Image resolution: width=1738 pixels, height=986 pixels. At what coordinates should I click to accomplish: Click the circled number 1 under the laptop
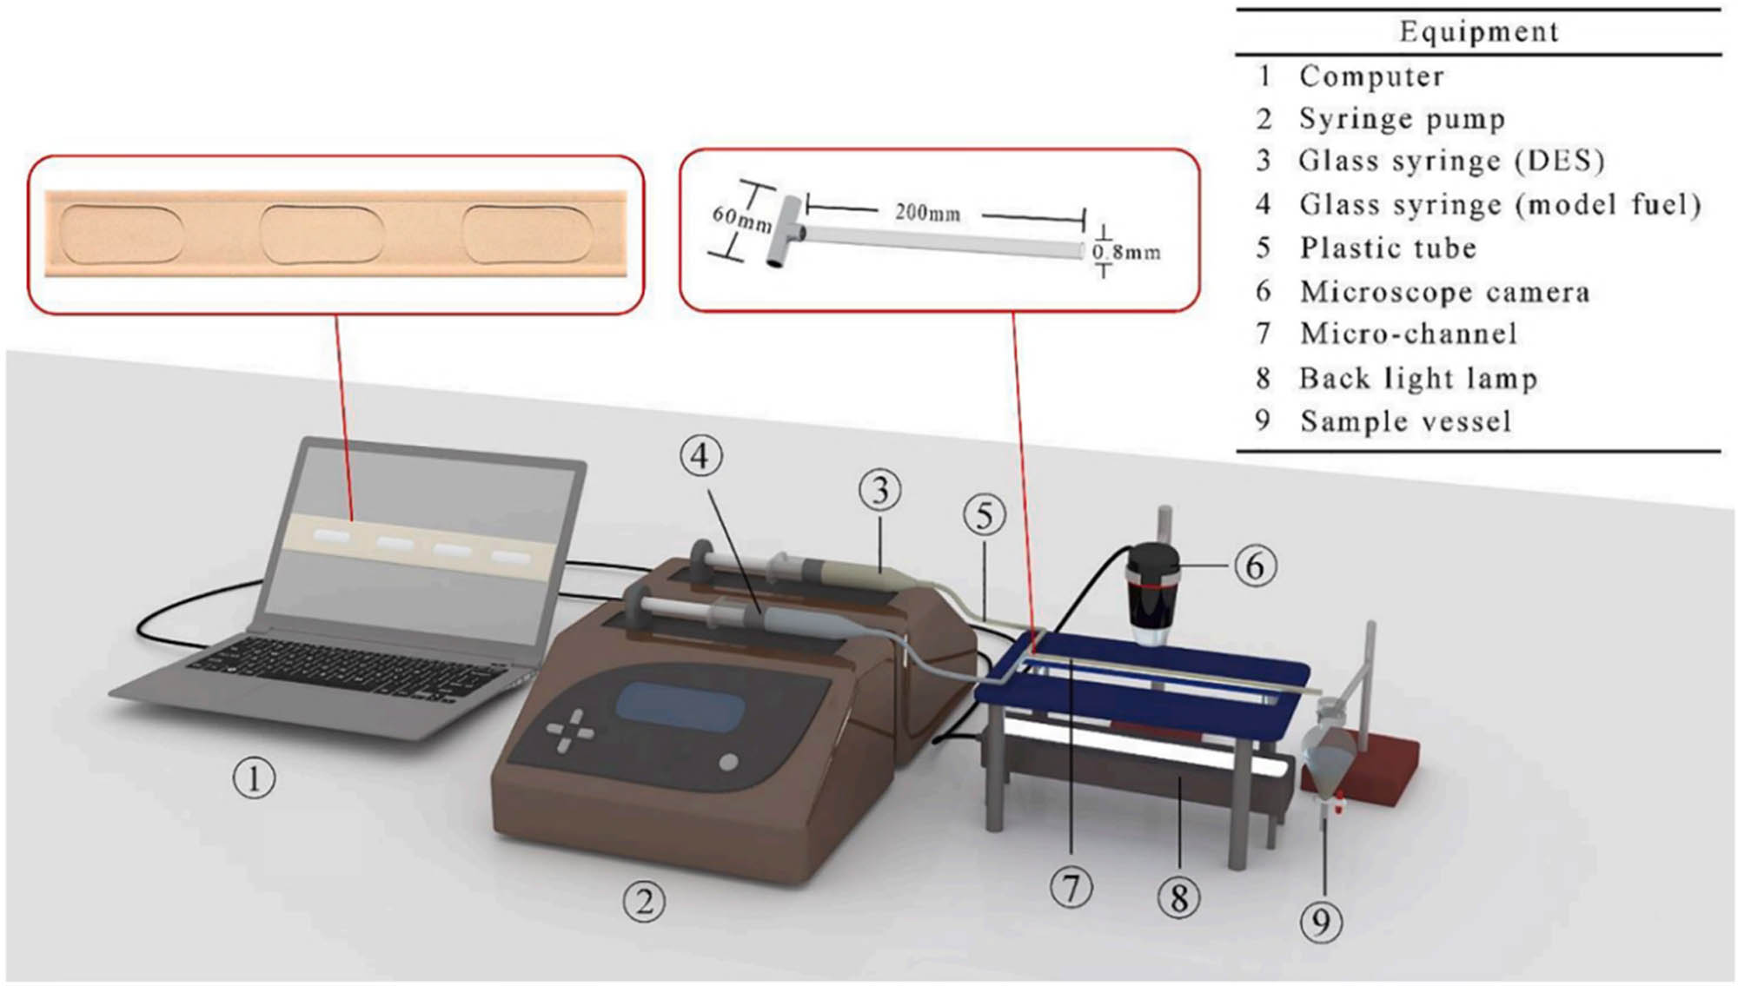(254, 778)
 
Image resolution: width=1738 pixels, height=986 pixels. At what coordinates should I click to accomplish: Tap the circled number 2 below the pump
(644, 902)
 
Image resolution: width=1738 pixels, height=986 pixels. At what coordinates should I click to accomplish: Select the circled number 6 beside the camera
(1255, 566)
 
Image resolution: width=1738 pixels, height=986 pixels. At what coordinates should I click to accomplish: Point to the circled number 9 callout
(1321, 921)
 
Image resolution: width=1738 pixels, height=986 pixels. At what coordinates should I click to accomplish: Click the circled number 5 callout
(985, 515)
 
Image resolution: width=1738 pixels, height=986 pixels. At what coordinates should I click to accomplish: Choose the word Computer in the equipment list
(1371, 76)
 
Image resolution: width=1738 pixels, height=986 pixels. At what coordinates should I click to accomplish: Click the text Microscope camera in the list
(1444, 292)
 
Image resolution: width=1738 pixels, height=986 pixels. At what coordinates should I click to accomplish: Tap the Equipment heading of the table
(1478, 32)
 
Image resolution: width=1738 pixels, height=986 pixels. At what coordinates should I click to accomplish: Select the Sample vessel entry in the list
(1405, 421)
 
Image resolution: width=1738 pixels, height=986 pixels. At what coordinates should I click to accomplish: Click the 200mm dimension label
(927, 212)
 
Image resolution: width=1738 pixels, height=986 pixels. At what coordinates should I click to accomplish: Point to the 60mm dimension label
(741, 218)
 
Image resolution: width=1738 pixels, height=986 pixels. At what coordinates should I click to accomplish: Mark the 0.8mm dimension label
(1126, 253)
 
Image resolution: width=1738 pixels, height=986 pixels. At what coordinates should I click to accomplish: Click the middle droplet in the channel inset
(322, 235)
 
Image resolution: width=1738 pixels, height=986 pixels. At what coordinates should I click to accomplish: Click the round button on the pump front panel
(728, 763)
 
